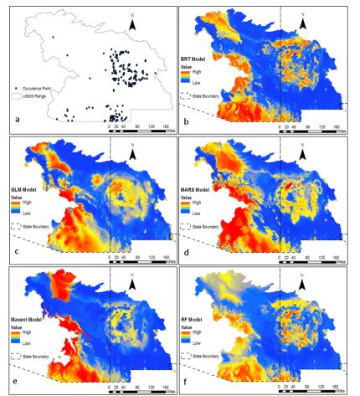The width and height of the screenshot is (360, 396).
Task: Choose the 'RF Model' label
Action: click(x=196, y=321)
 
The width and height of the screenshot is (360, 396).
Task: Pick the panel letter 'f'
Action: click(x=186, y=387)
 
